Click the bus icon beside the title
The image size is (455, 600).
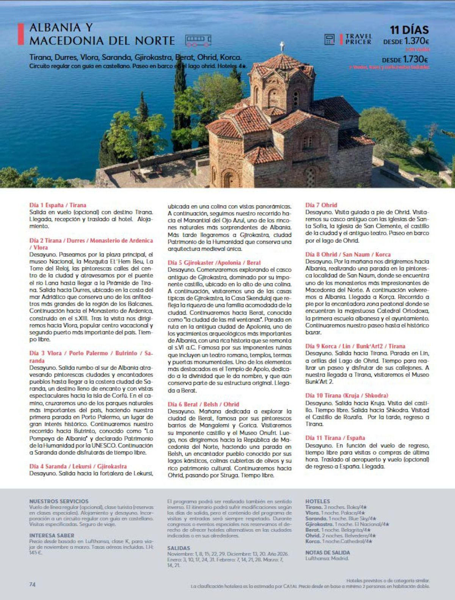pyautogui.click(x=198, y=40)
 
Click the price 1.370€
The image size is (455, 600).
pyautogui.click(x=416, y=41)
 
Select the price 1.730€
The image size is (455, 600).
pyautogui.click(x=416, y=60)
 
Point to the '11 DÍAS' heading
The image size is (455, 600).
pyautogui.click(x=409, y=30)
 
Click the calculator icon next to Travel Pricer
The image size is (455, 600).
pyautogui.click(x=329, y=39)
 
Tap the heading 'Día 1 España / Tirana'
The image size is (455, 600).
pyautogui.click(x=58, y=205)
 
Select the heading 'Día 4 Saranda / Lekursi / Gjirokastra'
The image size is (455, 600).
pyautogui.click(x=78, y=466)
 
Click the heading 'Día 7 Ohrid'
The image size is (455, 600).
pyautogui.click(x=321, y=205)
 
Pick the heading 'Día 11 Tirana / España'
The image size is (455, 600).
pyautogui.click(x=335, y=438)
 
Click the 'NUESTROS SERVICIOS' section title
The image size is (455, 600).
pyautogui.click(x=59, y=501)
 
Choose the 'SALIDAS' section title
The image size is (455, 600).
pyautogui.click(x=179, y=548)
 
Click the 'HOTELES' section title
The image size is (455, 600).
pyautogui.click(x=318, y=501)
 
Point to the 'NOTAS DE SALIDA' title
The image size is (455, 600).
pyautogui.click(x=328, y=553)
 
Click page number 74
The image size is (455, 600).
pyautogui.click(x=32, y=584)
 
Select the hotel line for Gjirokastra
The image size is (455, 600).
pyautogui.click(x=347, y=524)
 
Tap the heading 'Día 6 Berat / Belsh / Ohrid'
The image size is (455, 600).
pyautogui.click(x=204, y=404)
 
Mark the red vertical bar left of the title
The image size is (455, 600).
pyautogui.click(x=22, y=34)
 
